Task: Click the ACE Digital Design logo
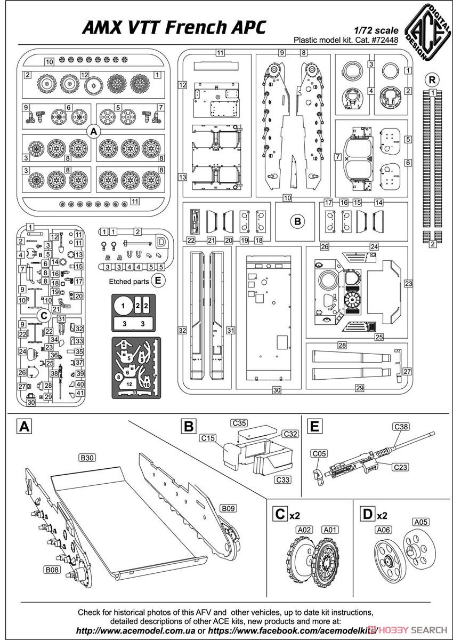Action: click(x=428, y=32)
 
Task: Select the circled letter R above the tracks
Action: click(x=432, y=79)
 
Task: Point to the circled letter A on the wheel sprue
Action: click(x=94, y=132)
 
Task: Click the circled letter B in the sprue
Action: click(x=297, y=221)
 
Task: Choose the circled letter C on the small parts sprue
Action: click(x=44, y=316)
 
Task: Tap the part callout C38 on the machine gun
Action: click(x=401, y=427)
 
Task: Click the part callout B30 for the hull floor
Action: click(x=87, y=458)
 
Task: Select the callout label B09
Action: click(x=228, y=508)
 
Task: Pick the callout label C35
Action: click(x=239, y=423)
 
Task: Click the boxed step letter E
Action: click(x=314, y=427)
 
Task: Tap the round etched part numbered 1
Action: click(x=123, y=306)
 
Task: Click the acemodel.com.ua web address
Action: click(x=135, y=630)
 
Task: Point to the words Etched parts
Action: click(x=129, y=282)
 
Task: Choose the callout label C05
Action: click(x=319, y=453)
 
